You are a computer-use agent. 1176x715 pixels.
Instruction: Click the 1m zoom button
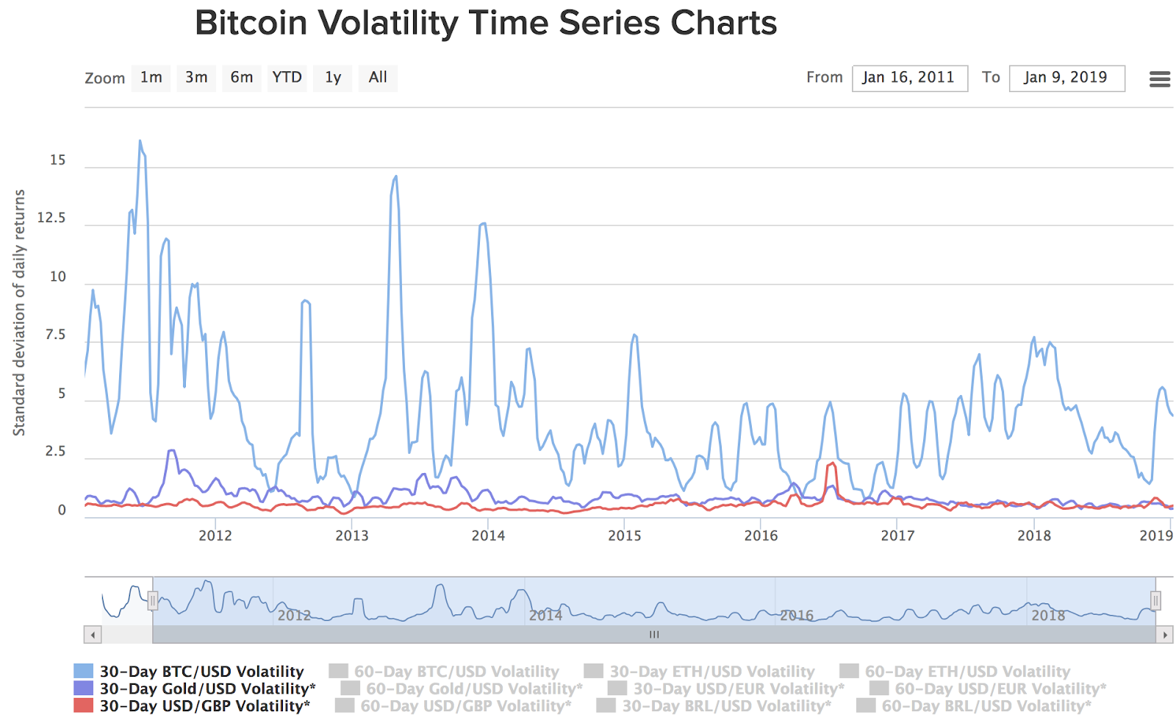[x=151, y=78]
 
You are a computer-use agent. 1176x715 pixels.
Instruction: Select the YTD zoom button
[x=287, y=78]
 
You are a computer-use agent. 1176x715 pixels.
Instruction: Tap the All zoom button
[x=378, y=78]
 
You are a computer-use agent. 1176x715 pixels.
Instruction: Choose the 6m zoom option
[x=241, y=78]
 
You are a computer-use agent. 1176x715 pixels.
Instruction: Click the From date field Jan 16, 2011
[x=909, y=78]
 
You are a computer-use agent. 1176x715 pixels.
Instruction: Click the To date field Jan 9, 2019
[x=1066, y=78]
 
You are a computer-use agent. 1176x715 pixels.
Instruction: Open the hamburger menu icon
[x=1159, y=79]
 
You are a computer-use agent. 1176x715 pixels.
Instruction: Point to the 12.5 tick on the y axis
[x=51, y=218]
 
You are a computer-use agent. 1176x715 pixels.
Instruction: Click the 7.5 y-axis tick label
[x=55, y=335]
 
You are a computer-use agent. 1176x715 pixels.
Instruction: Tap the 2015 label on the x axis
[x=624, y=536]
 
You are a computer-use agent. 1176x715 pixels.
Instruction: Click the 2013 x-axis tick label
[x=351, y=536]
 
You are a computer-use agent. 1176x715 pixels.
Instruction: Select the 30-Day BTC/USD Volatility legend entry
[x=201, y=671]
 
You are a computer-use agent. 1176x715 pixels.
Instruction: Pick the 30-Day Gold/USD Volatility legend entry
[x=207, y=689]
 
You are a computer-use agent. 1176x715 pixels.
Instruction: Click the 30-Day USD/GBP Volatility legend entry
[x=204, y=705]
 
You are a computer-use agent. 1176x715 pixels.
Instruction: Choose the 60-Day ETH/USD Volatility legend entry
[x=967, y=671]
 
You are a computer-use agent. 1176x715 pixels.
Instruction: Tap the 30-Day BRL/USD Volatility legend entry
[x=726, y=705]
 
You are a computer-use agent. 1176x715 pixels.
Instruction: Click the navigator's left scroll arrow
[x=93, y=634]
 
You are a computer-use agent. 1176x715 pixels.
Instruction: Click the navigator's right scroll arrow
[x=1164, y=634]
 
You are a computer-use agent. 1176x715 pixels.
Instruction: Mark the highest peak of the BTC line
[x=140, y=140]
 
